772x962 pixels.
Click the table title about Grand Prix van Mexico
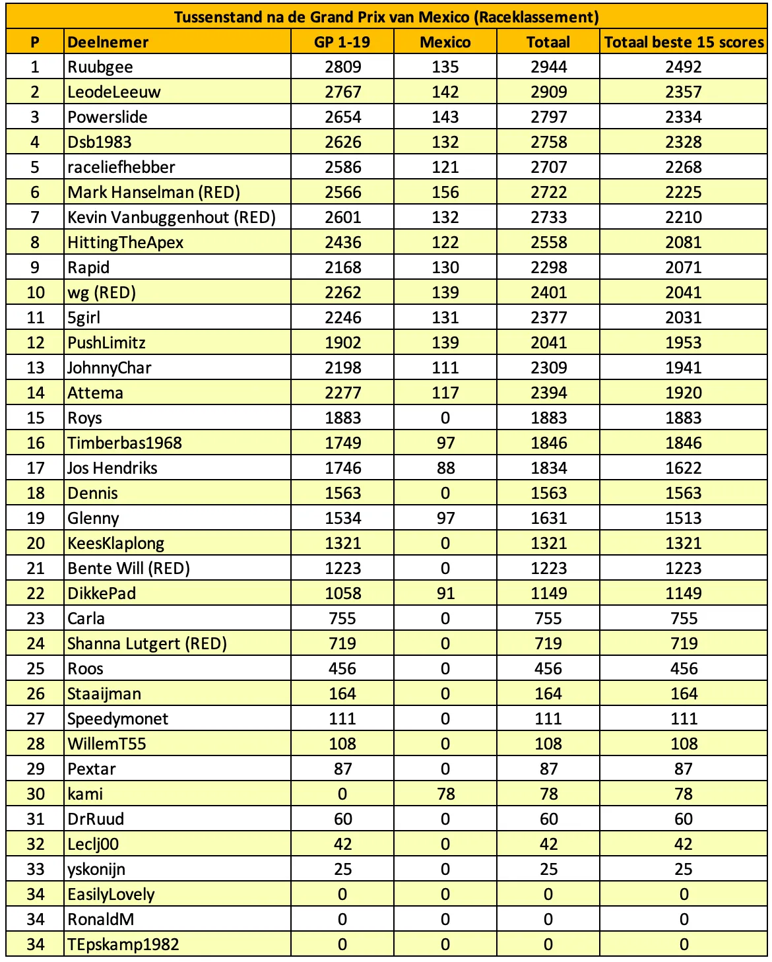[386, 17]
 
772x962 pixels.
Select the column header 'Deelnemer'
[108, 42]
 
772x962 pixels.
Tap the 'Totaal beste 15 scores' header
[684, 42]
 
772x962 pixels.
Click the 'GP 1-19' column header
[342, 42]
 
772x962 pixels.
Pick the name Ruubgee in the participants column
[100, 67]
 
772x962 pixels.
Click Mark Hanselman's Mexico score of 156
[445, 193]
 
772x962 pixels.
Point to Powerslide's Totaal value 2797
[548, 117]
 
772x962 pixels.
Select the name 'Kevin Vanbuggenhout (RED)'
[172, 218]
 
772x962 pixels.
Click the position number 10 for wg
[36, 293]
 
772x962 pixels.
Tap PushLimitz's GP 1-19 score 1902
[342, 343]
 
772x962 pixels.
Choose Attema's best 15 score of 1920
[684, 393]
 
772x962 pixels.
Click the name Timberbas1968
[125, 443]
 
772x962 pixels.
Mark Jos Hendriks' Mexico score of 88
[445, 468]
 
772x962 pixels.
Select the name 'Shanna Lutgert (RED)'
[147, 644]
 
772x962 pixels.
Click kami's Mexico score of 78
[445, 794]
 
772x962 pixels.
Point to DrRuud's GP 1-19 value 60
[342, 819]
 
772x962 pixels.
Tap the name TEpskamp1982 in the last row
[123, 945]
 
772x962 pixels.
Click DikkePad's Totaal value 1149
[548, 594]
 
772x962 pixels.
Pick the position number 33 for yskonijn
[36, 870]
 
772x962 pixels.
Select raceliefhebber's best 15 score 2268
[684, 168]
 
